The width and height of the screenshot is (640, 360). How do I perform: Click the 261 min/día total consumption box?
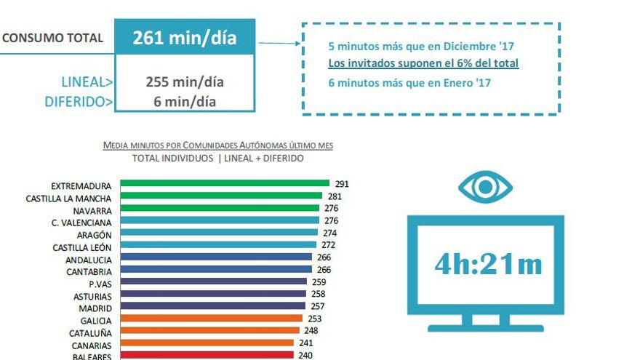coord(185,38)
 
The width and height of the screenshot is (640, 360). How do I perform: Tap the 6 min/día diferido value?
coord(185,101)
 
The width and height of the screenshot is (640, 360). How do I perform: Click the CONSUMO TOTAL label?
coord(52,38)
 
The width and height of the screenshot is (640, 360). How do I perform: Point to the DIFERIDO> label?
coord(79,102)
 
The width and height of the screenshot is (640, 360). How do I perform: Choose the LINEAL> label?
coord(86,82)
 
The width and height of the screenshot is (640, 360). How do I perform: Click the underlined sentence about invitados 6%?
coord(423,64)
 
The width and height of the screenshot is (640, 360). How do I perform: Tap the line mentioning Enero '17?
coord(409,83)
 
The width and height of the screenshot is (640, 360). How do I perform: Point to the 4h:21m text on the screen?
coord(488,264)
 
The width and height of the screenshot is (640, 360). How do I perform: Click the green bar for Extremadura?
coord(224,184)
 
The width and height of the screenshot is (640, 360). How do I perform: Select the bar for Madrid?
coord(213,306)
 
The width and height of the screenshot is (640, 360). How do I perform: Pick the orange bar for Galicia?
coord(211,319)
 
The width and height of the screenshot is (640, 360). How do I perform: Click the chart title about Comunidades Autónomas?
coord(218,145)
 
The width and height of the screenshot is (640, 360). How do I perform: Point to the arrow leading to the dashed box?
coord(279,43)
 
